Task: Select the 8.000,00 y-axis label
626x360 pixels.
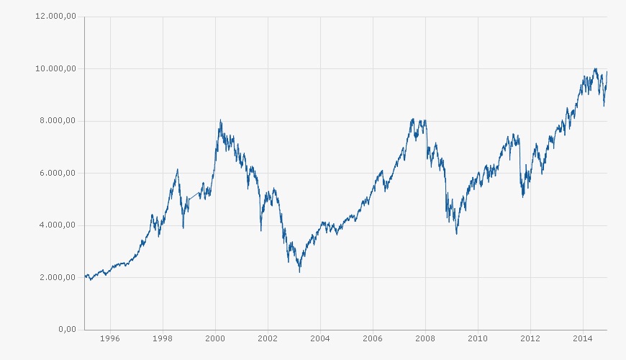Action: (58, 121)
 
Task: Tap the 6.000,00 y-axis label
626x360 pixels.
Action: (58, 174)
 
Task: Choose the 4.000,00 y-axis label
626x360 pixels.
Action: (58, 225)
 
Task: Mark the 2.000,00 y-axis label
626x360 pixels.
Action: (58, 278)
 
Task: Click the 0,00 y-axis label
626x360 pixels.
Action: (67, 330)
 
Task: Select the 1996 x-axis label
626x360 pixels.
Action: (110, 338)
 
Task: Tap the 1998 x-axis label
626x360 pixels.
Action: (163, 338)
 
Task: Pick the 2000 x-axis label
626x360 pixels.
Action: (215, 338)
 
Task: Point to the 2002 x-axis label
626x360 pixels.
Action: (268, 338)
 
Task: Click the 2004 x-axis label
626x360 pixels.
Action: (320, 338)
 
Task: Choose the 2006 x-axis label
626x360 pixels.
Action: (373, 338)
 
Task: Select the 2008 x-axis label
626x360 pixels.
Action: (425, 338)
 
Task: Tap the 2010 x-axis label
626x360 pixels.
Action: (478, 338)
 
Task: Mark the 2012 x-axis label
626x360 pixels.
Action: (530, 338)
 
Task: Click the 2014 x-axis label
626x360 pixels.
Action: (583, 338)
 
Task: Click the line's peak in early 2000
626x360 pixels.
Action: (220, 120)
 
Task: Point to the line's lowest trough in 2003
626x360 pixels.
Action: (299, 271)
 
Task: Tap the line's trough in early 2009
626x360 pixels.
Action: (456, 234)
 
